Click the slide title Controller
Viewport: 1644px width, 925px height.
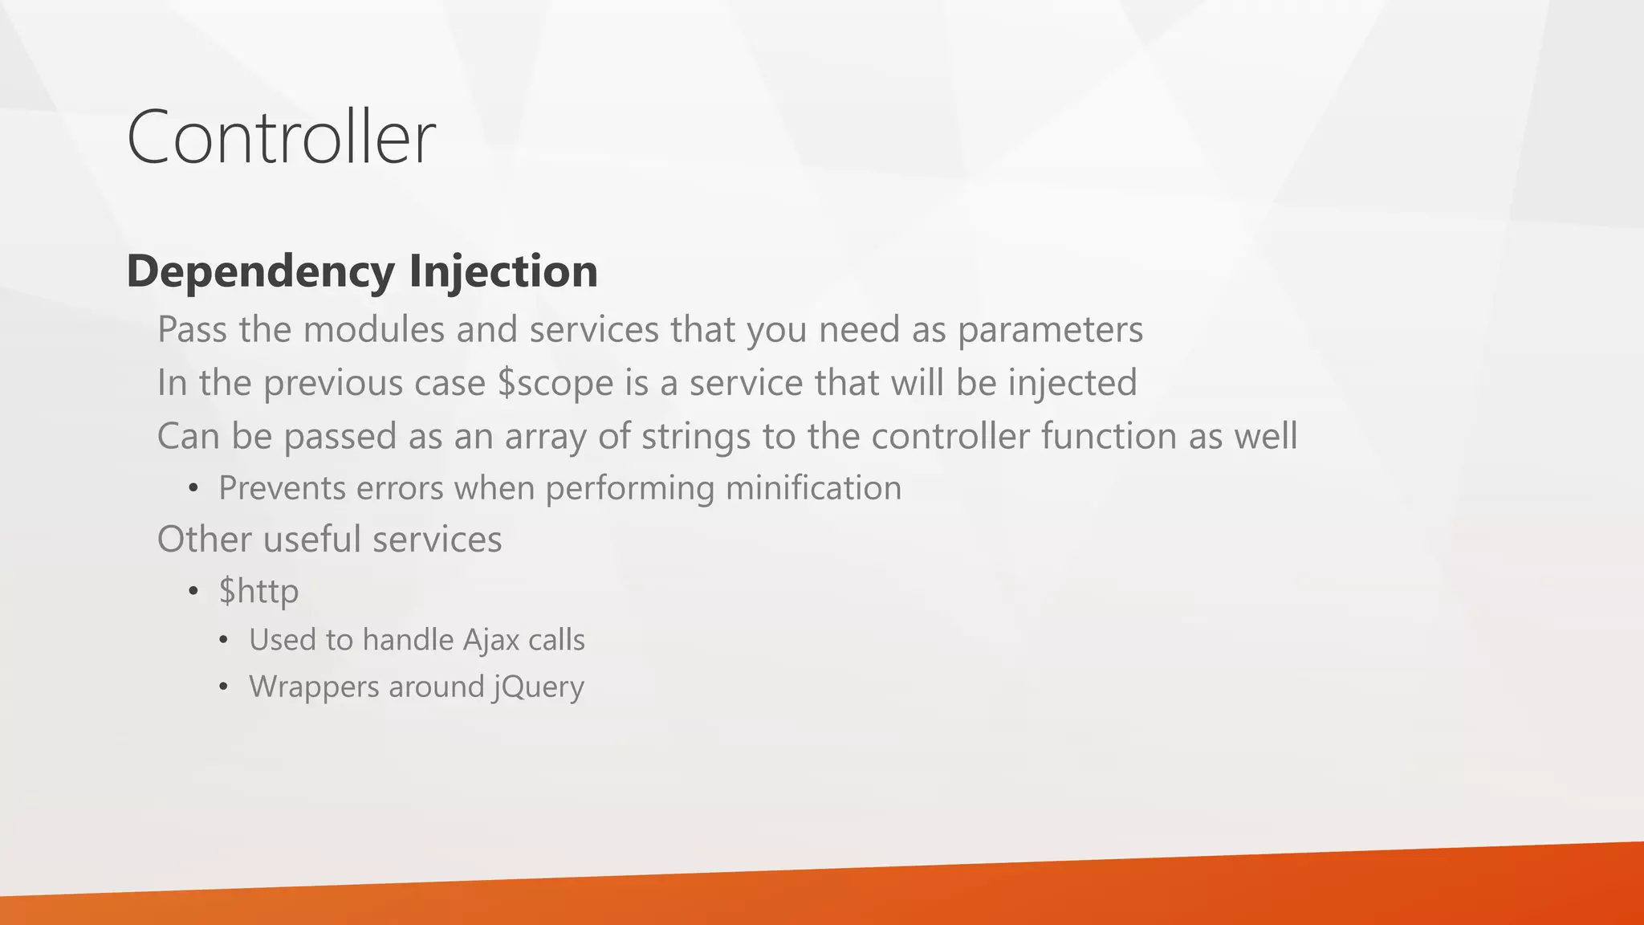[281, 137]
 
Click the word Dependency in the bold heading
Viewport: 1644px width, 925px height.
[260, 271]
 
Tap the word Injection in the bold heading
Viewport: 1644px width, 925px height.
[503, 271]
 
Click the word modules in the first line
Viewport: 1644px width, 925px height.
[373, 330]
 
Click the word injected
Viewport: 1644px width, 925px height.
[1072, 383]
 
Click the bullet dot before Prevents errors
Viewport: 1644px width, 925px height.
[193, 489]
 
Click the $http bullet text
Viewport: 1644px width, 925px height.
[258, 592]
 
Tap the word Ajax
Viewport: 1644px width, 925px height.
[490, 640]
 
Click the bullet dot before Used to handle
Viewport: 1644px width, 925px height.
[223, 641]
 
